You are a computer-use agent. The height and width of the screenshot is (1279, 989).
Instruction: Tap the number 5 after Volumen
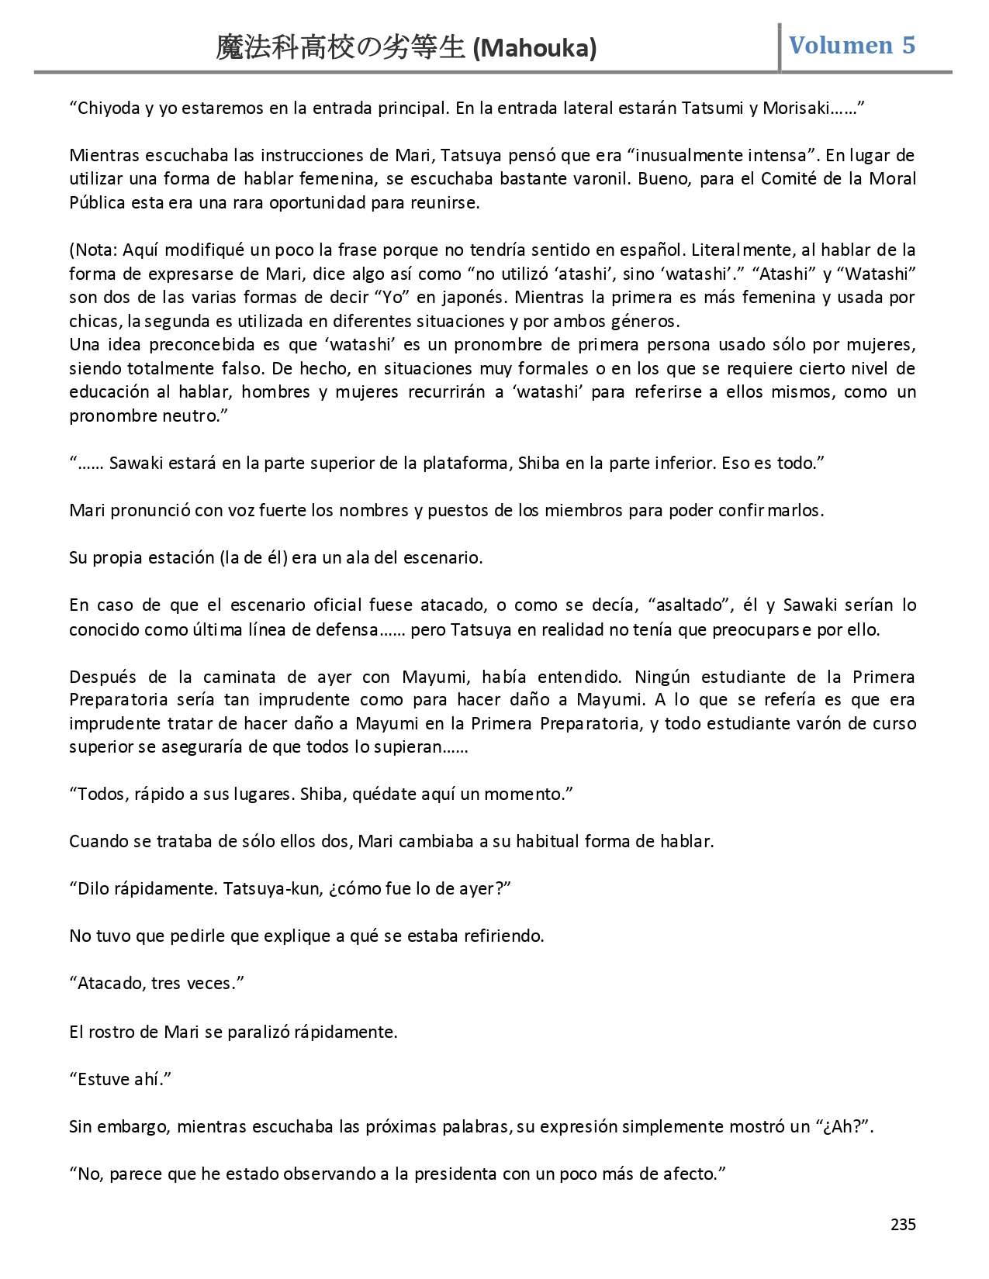908,45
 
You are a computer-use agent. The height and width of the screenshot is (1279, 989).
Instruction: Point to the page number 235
903,1226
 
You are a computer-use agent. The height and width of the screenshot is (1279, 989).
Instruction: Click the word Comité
789,179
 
